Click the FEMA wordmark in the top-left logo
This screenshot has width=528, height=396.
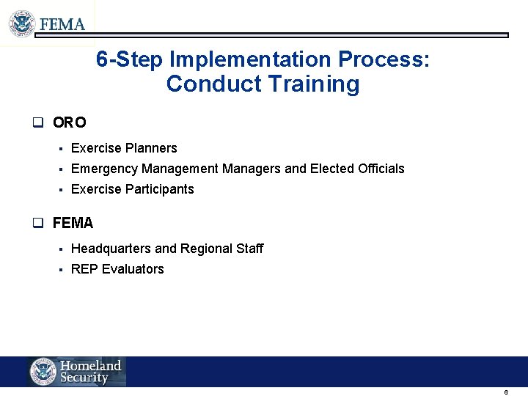tap(62, 24)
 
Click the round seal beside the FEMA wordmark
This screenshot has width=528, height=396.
tap(22, 23)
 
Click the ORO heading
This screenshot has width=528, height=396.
tap(70, 122)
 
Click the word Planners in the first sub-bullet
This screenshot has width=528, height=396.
tap(151, 148)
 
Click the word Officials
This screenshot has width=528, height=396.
tap(381, 169)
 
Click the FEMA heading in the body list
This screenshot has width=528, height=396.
tap(73, 223)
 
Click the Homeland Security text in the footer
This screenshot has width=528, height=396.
tap(90, 372)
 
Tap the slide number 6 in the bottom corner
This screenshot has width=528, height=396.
tap(506, 392)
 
